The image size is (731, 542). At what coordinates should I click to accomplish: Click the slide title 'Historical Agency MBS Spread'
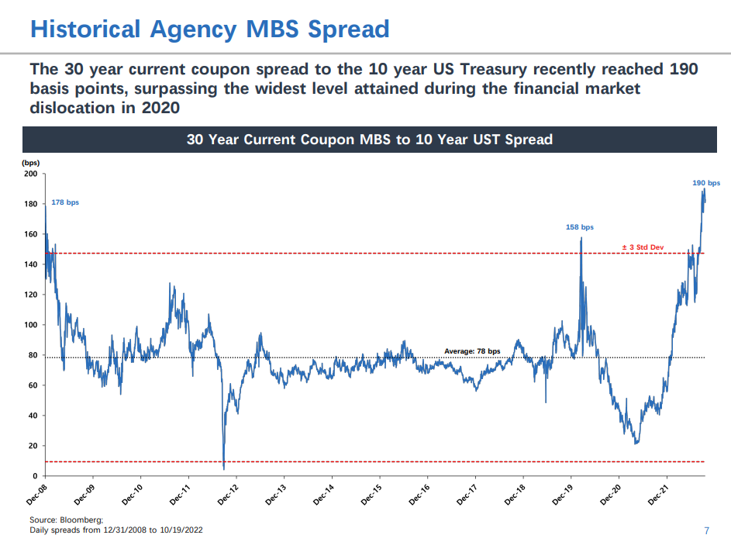point(209,29)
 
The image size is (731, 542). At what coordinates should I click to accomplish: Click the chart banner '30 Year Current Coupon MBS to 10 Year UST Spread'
point(369,140)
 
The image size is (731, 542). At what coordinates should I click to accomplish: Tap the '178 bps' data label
point(65,202)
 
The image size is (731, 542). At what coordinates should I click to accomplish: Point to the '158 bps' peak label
point(580,227)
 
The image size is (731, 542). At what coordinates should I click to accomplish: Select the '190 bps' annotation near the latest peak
point(705,183)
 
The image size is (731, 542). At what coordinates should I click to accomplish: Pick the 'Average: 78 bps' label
point(472,351)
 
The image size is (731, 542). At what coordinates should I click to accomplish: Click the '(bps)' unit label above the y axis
point(30,163)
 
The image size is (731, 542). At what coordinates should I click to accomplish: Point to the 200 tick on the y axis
point(30,174)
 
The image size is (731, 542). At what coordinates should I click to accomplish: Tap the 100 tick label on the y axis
point(30,325)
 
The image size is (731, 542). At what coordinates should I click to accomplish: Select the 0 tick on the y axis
point(35,476)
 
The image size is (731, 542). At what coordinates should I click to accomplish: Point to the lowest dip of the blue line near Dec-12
point(223,468)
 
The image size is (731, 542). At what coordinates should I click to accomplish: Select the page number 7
point(706,530)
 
